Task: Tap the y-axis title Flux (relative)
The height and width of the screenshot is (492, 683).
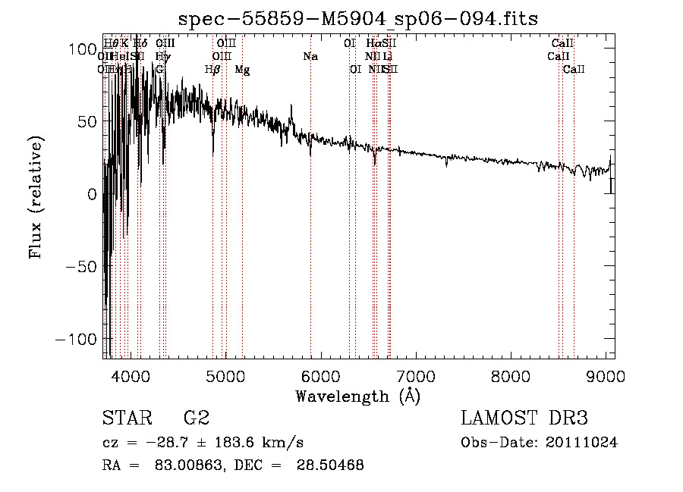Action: pyautogui.click(x=35, y=196)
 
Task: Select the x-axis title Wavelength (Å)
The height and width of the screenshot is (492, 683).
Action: pyautogui.click(x=357, y=396)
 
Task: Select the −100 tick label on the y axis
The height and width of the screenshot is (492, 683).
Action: pyautogui.click(x=75, y=339)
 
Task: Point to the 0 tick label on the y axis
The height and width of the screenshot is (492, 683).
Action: pyautogui.click(x=91, y=194)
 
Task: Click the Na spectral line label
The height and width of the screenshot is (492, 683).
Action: pyautogui.click(x=310, y=57)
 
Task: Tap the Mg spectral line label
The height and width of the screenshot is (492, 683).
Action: pyautogui.click(x=242, y=70)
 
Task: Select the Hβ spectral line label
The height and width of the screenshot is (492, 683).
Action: pyautogui.click(x=212, y=70)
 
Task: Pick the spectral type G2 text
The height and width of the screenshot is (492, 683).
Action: pyautogui.click(x=195, y=418)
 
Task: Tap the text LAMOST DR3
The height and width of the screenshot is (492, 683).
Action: pyautogui.click(x=524, y=418)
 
